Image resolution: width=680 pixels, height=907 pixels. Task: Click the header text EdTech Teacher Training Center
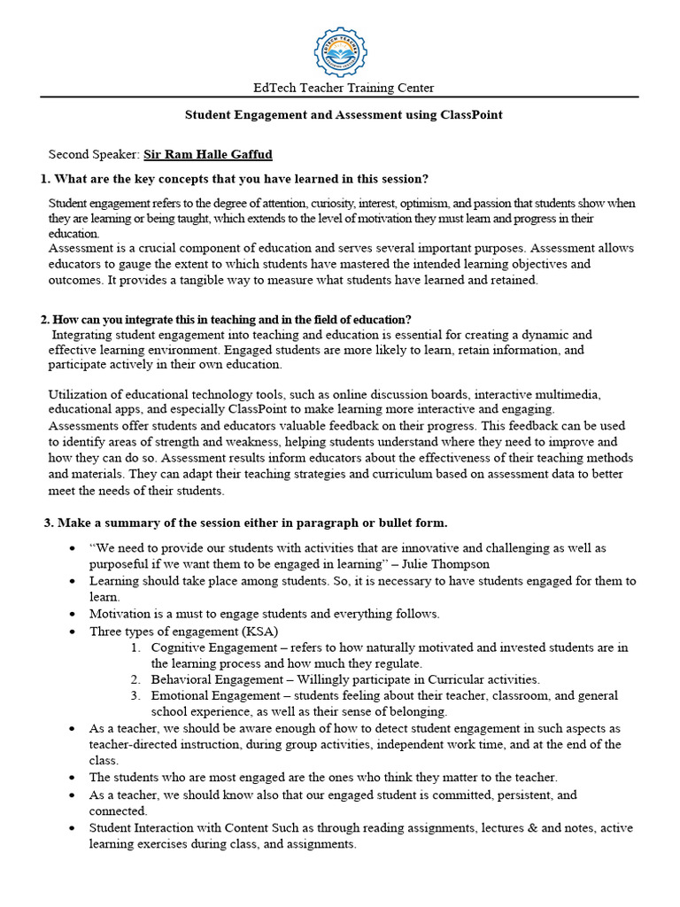[344, 88]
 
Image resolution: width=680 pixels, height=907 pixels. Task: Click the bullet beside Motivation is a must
[71, 614]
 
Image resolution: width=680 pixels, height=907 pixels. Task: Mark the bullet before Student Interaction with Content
[71, 828]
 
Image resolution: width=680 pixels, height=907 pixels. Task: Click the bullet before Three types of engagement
[71, 632]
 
